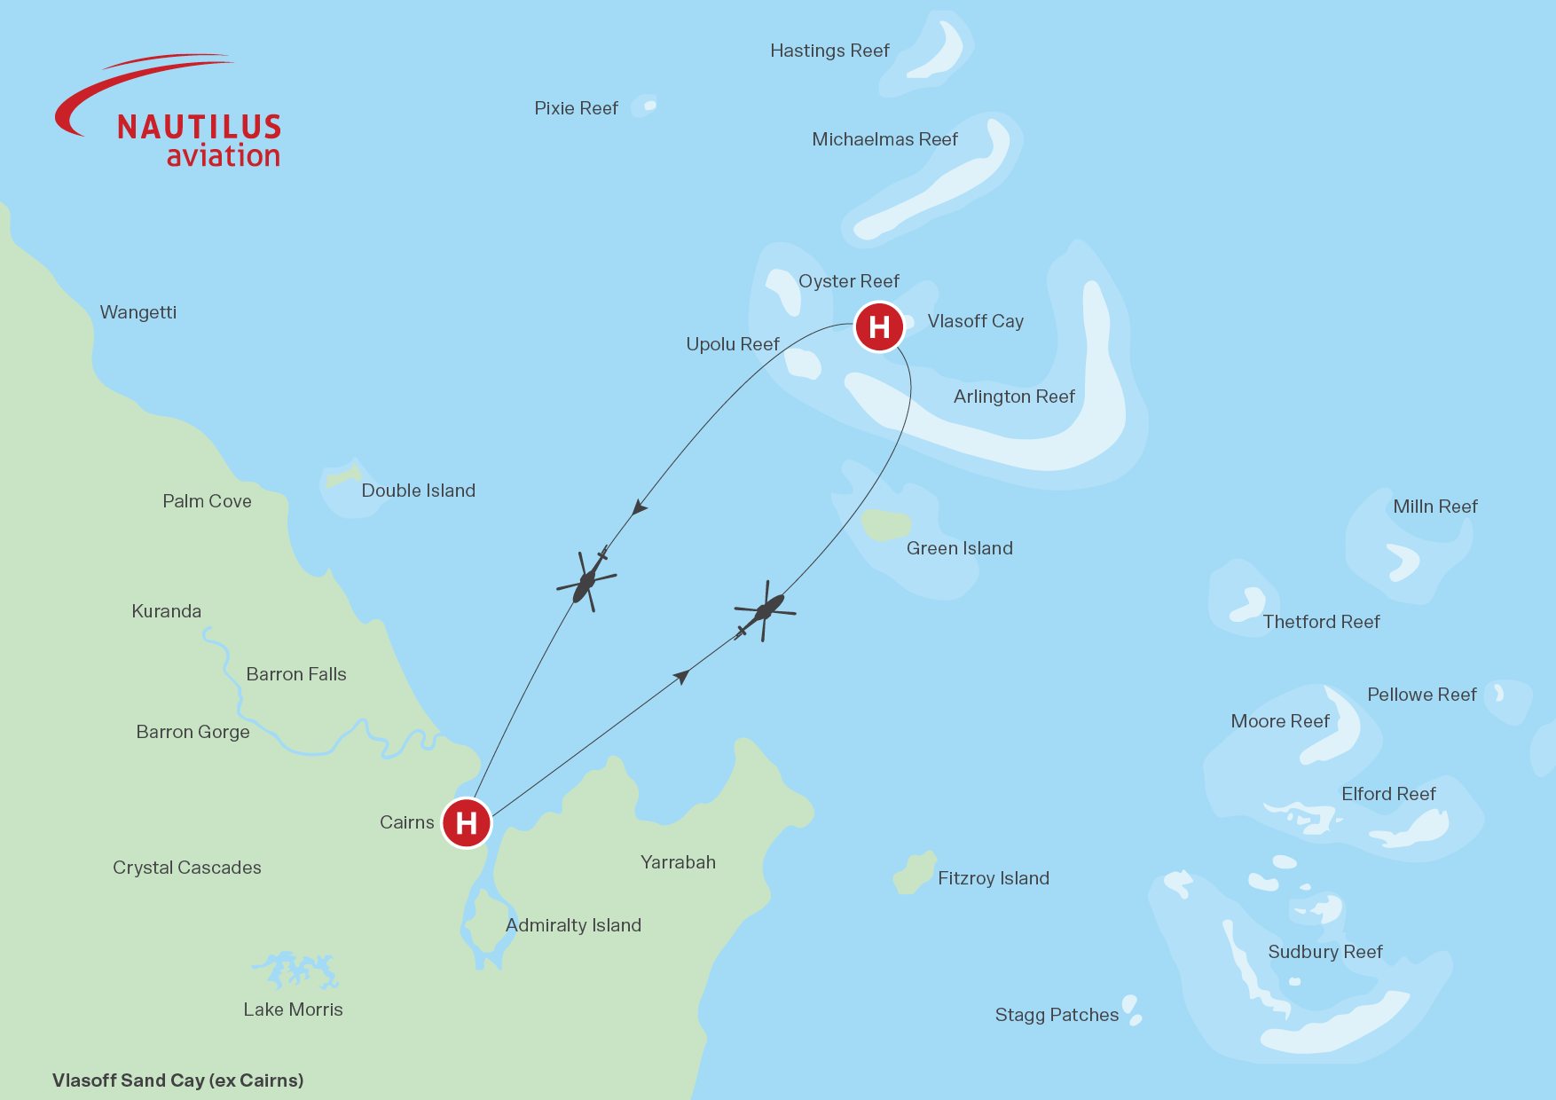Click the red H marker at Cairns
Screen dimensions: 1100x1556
point(467,823)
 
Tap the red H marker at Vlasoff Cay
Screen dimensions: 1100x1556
point(879,326)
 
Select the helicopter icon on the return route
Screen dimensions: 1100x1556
point(585,582)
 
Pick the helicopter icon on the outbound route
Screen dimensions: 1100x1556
point(765,611)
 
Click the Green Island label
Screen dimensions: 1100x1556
point(959,548)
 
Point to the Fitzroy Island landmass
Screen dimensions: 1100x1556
point(915,874)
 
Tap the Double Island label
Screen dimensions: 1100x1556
point(418,491)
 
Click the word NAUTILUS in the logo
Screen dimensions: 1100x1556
point(199,128)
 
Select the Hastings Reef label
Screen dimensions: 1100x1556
point(829,51)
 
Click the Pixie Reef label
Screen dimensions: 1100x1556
point(576,108)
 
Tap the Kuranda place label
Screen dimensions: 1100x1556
point(166,611)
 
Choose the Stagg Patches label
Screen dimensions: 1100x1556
point(1057,1015)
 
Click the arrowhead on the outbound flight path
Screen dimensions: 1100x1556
point(681,677)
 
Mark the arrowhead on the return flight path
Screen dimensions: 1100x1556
point(639,508)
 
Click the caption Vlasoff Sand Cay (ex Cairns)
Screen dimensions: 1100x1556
point(177,1080)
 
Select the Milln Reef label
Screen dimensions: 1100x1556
point(1434,507)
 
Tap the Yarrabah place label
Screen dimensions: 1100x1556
point(678,862)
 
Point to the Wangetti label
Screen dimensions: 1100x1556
point(138,312)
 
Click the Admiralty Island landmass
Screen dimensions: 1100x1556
point(486,923)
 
